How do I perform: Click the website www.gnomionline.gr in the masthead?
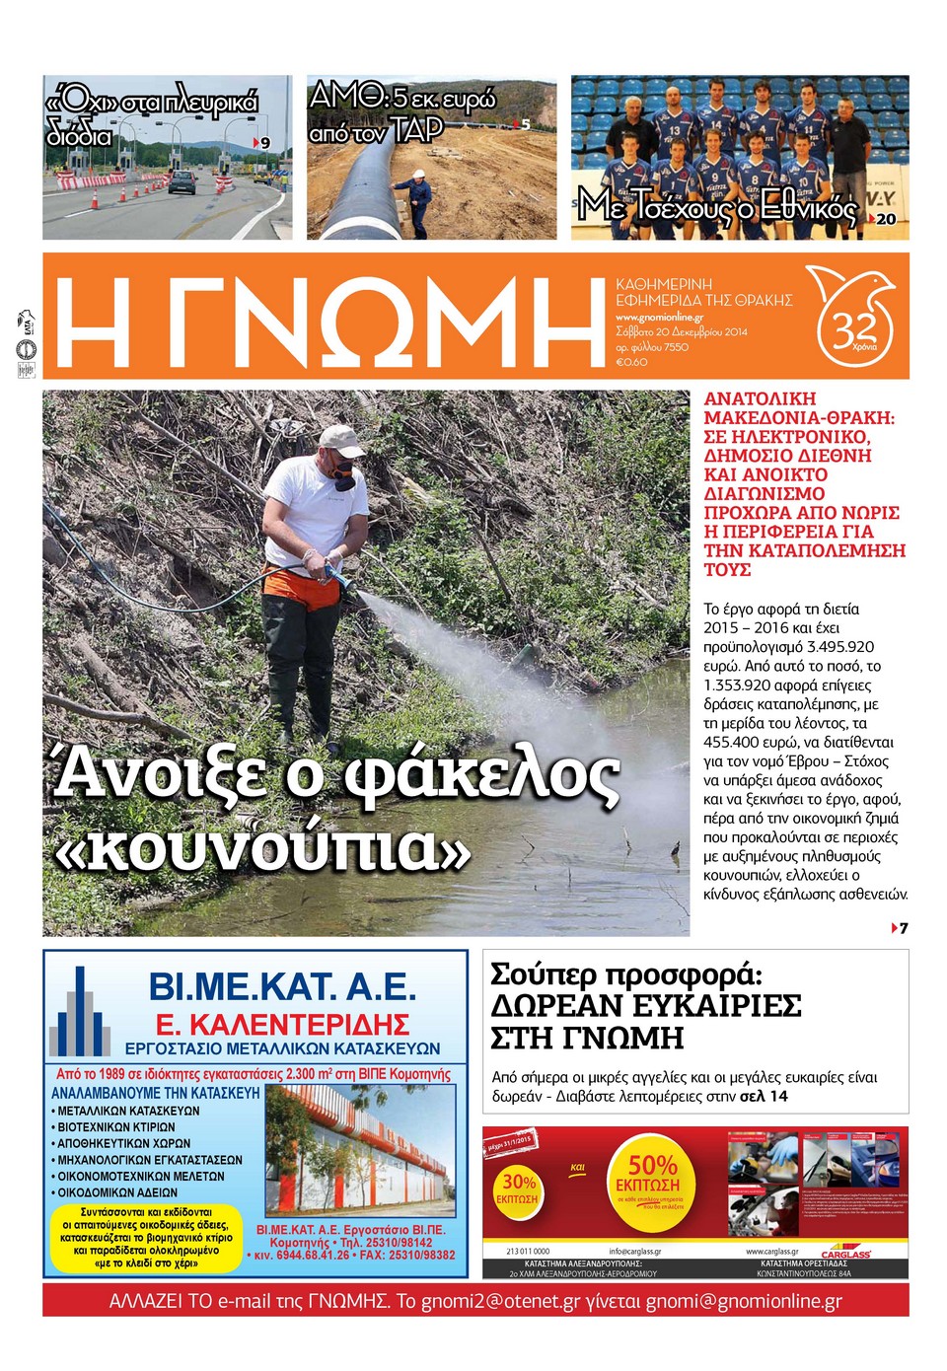click(659, 318)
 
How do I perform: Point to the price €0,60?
click(631, 362)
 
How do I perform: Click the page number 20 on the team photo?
click(886, 220)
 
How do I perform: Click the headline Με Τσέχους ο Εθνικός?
click(717, 206)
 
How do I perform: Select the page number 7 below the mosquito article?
click(903, 928)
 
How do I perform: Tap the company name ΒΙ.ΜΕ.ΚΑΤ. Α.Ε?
click(282, 986)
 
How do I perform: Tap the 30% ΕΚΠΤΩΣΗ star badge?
click(519, 1188)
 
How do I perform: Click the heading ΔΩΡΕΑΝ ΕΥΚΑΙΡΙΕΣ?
click(646, 1006)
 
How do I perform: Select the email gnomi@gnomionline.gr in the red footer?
click(744, 1301)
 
